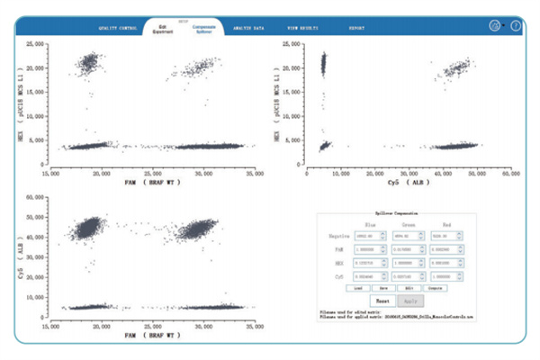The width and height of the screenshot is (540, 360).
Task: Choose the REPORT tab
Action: coord(356,28)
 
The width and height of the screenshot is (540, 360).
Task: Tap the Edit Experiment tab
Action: coord(165,28)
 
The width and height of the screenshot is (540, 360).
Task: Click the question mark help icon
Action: coord(516,26)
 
